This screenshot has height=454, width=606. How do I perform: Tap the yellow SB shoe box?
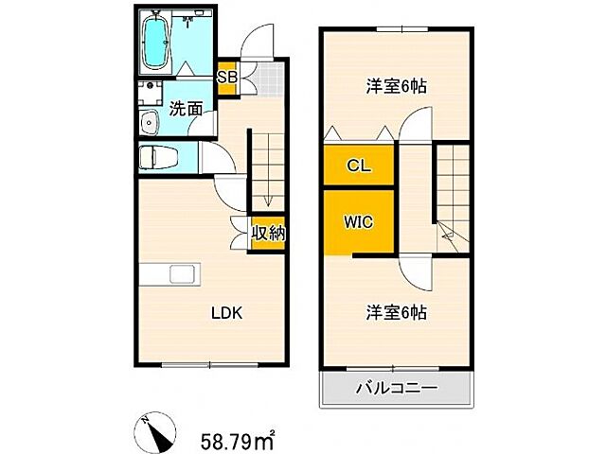pos(227,78)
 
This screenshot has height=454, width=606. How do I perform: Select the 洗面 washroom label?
pos(186,109)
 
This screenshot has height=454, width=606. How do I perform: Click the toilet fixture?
pos(156,157)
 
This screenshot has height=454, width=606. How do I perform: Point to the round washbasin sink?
pos(148,123)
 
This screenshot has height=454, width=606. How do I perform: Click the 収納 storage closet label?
pos(268,233)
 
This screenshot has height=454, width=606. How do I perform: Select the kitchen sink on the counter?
pos(183,274)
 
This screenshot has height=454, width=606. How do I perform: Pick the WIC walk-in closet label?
pos(358,223)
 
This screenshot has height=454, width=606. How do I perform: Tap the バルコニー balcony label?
pos(396,388)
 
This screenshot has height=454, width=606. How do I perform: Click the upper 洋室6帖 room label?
pos(397,86)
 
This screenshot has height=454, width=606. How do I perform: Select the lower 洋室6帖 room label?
pos(396,312)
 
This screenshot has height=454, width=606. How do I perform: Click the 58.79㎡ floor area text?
pos(237,438)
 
